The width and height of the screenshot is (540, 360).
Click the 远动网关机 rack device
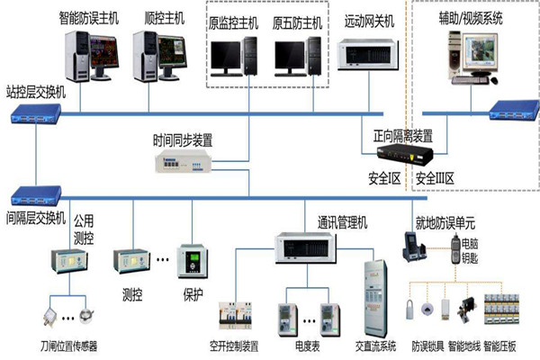click(369, 55)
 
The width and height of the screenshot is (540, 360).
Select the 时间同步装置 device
click(184, 159)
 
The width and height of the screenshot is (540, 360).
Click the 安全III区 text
click(437, 179)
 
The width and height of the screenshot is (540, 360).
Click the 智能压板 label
click(510, 344)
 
